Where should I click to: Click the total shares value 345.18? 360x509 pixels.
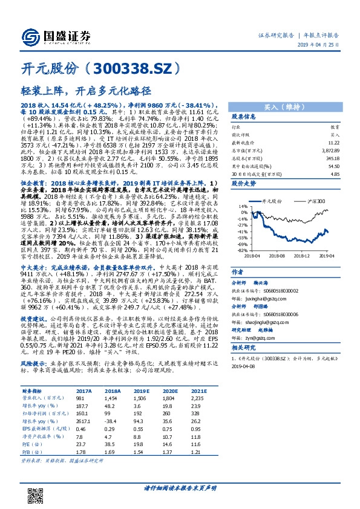[333, 157]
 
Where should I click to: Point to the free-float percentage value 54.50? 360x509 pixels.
[333, 165]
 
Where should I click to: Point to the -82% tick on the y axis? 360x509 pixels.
[242, 250]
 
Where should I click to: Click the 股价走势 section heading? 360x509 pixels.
[244, 182]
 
